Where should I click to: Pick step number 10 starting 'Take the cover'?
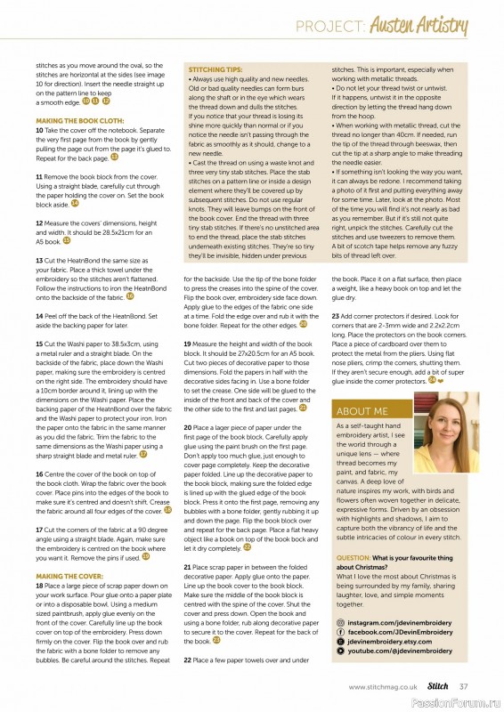[39, 129]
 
